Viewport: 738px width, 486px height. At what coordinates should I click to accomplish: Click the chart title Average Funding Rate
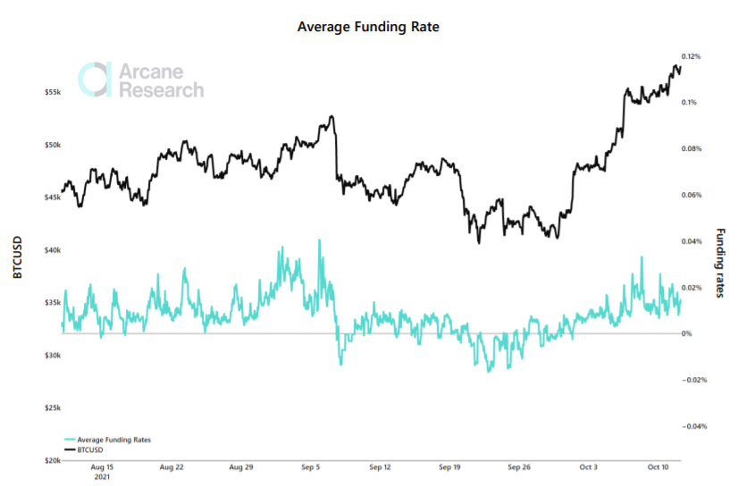coord(368,27)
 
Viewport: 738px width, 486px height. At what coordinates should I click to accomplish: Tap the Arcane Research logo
coord(140,80)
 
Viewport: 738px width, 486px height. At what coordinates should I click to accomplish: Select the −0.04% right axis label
coord(692,426)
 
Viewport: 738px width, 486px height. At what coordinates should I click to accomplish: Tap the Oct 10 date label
coord(658,467)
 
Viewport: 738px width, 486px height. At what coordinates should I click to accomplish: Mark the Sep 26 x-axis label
coord(519,467)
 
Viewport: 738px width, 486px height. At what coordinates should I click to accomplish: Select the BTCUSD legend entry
coord(90,450)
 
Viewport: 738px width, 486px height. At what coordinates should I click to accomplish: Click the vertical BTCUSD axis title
coord(17,258)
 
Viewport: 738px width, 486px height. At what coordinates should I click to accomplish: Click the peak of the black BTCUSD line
coord(676,64)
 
